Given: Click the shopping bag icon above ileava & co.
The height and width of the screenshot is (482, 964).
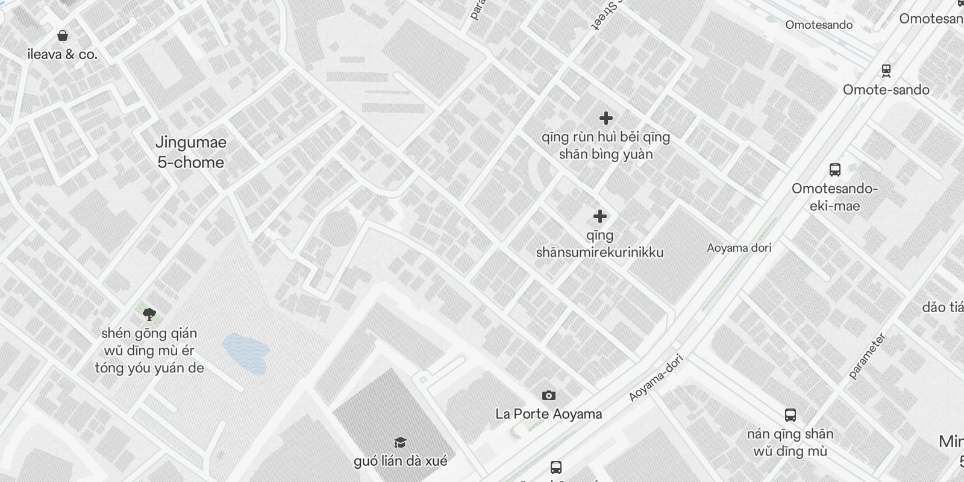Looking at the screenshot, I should point(62,36).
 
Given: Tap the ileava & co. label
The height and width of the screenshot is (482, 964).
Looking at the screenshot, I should point(62,54).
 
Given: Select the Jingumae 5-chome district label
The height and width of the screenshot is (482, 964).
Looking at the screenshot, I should point(191,152).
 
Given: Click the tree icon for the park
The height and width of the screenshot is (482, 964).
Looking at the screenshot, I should point(149,313).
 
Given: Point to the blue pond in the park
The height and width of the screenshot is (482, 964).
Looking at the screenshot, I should point(245,352).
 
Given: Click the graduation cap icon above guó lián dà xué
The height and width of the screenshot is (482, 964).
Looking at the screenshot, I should point(401,443).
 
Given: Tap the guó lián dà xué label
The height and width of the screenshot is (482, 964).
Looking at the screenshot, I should point(401,462).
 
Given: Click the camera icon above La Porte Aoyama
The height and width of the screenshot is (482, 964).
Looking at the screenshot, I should point(548,395).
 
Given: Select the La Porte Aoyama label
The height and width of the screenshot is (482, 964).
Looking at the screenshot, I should point(548,414).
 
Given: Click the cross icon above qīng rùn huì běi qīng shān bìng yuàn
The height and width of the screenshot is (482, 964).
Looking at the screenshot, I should point(606,118).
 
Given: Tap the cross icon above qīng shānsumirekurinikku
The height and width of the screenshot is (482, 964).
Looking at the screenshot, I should point(599,216).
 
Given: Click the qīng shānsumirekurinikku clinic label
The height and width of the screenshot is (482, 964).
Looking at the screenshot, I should point(599,244).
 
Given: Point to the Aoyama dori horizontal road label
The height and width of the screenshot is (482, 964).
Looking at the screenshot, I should point(739,248).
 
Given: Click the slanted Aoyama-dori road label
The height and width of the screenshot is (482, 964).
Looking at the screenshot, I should point(656,378).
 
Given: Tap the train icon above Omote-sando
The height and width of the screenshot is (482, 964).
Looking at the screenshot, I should point(886,70).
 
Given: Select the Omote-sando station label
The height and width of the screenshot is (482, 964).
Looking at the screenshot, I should point(886,90).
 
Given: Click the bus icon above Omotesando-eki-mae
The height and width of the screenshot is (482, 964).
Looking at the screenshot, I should point(834,170).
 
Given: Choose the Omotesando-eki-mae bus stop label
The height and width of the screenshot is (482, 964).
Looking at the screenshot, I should point(834,197).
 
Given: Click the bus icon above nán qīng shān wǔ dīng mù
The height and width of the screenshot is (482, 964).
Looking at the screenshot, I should point(790,415).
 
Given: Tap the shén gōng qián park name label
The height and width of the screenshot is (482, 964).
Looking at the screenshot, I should point(149,351).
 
